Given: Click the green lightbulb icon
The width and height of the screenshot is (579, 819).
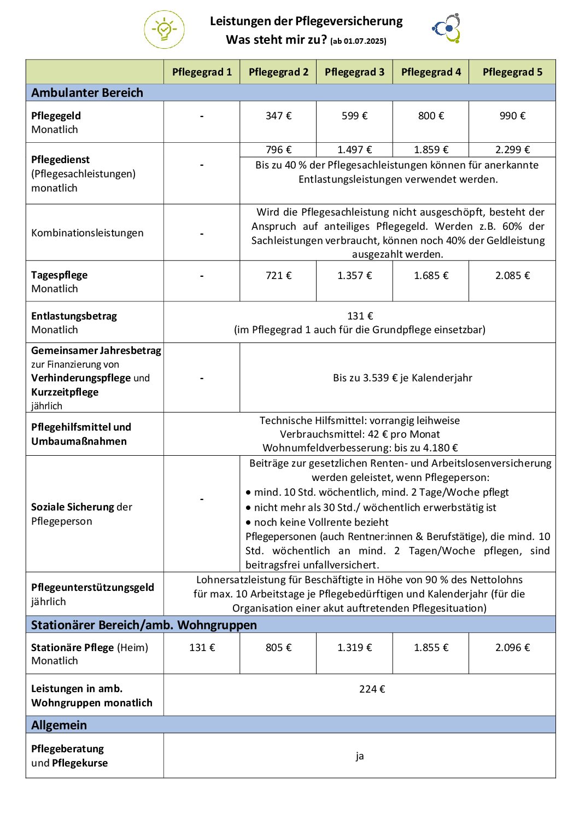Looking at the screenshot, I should [164, 30].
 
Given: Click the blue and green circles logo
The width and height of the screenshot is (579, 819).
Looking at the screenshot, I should [447, 28].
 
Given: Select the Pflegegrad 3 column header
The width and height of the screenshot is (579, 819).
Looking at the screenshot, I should [354, 72].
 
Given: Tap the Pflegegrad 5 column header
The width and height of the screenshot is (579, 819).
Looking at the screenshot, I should [512, 72].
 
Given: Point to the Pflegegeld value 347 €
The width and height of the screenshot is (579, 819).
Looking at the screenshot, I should [278, 116].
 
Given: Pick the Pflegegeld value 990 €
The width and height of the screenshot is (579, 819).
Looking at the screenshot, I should [512, 116].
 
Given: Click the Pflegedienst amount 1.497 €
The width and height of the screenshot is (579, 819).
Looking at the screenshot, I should [354, 150].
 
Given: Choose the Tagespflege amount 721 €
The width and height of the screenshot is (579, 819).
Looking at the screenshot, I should [278, 276].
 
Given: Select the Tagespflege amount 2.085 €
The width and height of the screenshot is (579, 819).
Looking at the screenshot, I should [512, 276].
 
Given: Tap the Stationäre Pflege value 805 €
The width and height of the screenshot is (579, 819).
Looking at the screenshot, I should [278, 648].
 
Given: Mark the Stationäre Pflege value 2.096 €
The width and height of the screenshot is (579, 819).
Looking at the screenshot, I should [512, 648].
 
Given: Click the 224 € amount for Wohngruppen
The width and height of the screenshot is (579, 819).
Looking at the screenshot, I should [372, 689].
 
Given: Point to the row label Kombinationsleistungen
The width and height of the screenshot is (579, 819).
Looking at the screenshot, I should [87, 233].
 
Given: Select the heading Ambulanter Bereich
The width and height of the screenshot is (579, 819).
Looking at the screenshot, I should [87, 93].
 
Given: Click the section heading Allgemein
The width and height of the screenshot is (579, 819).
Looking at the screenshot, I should [59, 725].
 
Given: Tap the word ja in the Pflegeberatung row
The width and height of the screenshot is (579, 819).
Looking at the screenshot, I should [360, 756].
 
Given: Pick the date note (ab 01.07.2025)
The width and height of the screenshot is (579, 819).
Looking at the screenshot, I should [358, 41].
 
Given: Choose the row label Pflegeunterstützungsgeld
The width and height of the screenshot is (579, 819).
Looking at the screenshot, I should [92, 588].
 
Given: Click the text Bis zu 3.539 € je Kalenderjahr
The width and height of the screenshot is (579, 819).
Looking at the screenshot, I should [402, 378].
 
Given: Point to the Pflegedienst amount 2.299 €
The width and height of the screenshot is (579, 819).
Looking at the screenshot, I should [512, 150].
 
